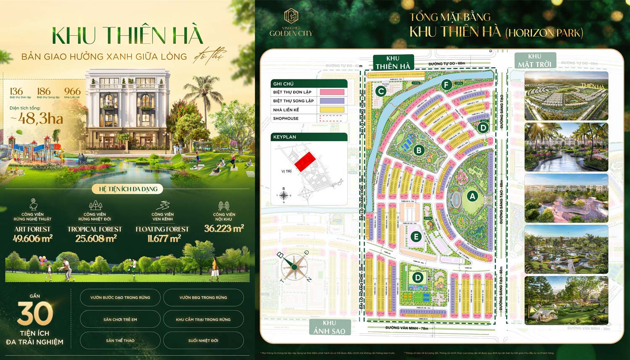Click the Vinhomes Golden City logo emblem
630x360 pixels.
click(291, 16)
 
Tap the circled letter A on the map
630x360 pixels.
click(472, 196)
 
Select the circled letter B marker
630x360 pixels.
click(418, 150)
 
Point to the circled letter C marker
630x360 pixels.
click(381, 91)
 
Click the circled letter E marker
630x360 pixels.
click(416, 236)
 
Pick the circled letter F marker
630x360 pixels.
click(446, 85)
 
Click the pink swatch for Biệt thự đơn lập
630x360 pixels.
click(332, 92)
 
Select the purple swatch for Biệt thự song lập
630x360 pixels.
click(332, 101)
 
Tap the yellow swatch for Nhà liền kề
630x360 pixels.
click(332, 110)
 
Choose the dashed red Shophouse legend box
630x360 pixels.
click(332, 118)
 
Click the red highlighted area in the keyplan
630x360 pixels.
click(305, 161)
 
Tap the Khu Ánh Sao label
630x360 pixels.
click(329, 328)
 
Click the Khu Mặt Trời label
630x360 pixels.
click(535, 60)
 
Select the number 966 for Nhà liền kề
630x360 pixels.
click(72, 91)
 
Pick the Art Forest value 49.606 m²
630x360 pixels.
click(32, 239)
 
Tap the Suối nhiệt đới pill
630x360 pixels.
click(203, 341)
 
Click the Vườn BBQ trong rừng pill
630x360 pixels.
click(203, 297)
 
